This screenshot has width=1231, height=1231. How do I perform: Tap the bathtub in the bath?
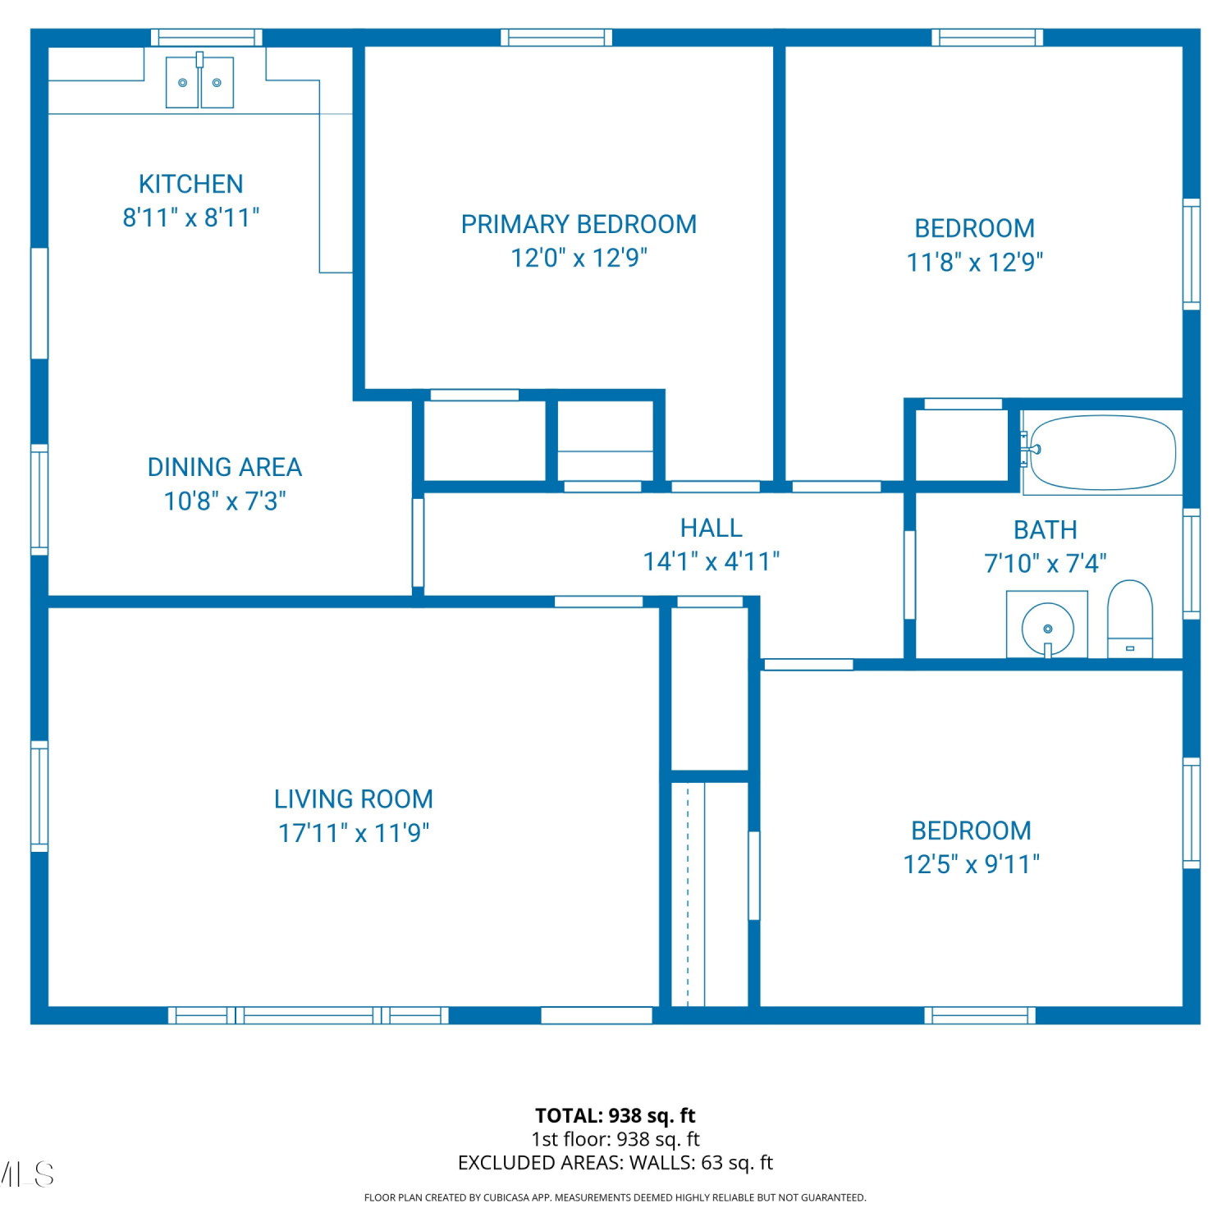pyautogui.click(x=1102, y=453)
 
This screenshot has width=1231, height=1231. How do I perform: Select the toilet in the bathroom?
pyautogui.click(x=1130, y=619)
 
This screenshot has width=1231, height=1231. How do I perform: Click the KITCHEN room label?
pyautogui.click(x=191, y=184)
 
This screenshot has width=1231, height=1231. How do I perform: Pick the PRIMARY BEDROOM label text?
pyautogui.click(x=579, y=224)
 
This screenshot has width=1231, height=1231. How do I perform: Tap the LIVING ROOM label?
pyautogui.click(x=354, y=799)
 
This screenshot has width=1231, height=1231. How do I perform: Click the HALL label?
pyautogui.click(x=712, y=528)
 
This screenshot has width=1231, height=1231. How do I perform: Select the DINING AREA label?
pyautogui.click(x=225, y=467)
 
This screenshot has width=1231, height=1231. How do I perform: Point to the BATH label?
pyautogui.click(x=1046, y=530)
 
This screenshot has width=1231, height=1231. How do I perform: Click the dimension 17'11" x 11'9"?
pyautogui.click(x=354, y=833)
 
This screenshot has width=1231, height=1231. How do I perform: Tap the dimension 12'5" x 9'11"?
pyautogui.click(x=972, y=864)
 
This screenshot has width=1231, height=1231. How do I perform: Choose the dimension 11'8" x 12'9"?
pyautogui.click(x=975, y=262)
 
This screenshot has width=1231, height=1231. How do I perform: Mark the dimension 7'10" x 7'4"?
pyautogui.click(x=1046, y=564)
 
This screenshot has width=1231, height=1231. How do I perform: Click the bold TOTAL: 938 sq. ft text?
pyautogui.click(x=615, y=1115)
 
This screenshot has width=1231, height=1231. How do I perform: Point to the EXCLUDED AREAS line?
pyautogui.click(x=615, y=1163)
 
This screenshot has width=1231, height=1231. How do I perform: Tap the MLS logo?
pyautogui.click(x=27, y=1174)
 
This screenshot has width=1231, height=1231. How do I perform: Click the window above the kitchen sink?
pyautogui.click(x=207, y=38)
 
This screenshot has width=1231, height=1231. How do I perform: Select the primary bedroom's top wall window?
pyautogui.click(x=556, y=38)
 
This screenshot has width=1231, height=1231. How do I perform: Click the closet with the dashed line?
pyautogui.click(x=710, y=894)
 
